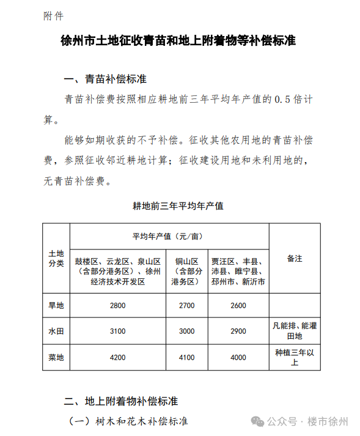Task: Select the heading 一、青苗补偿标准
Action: click(x=105, y=79)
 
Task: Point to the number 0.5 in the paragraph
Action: click(x=281, y=98)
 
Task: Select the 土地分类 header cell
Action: click(x=56, y=259)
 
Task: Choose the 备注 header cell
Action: click(x=295, y=259)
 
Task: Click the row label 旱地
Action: click(x=56, y=305)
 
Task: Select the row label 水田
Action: click(x=56, y=331)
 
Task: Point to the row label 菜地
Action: click(x=56, y=358)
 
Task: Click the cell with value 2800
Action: click(x=117, y=305)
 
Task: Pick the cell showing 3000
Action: click(x=187, y=331)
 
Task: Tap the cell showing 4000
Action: click(x=238, y=358)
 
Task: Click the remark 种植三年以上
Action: click(x=295, y=358)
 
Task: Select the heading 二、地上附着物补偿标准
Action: click(x=121, y=401)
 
